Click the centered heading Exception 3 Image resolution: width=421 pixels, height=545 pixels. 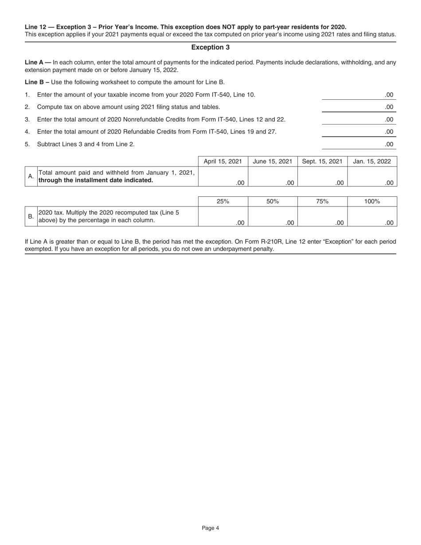coord(210,47)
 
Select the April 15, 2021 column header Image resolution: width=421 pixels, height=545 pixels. coord(222,162)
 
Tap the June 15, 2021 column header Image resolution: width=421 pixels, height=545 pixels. coord(273,162)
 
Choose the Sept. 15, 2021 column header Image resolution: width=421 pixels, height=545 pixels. coord(322,162)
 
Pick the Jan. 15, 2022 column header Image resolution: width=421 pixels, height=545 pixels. coord(372,162)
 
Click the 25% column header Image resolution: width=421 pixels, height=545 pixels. coord(222,202)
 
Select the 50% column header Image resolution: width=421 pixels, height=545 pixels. coord(273,202)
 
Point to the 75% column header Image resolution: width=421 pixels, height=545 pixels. coord(322,202)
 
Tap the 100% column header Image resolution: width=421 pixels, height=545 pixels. coord(372,202)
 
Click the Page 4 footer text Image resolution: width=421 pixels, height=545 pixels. coord(210,528)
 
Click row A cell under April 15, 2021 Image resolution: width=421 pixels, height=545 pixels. coord(222,177)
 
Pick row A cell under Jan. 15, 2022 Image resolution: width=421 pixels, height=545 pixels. coord(372,177)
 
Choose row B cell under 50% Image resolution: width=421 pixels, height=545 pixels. coord(273,217)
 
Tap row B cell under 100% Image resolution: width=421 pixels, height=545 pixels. coord(372,217)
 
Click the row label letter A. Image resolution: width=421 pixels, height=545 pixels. coord(31,176)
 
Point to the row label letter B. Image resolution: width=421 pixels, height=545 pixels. coord(31,217)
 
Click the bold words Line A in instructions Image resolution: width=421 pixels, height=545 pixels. coord(34,62)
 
